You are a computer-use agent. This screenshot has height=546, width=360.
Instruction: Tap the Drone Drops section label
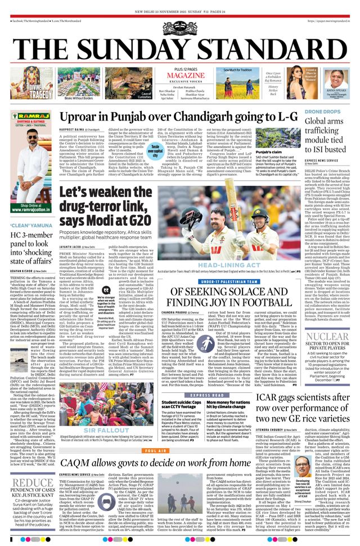pyautogui.click(x=322, y=112)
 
